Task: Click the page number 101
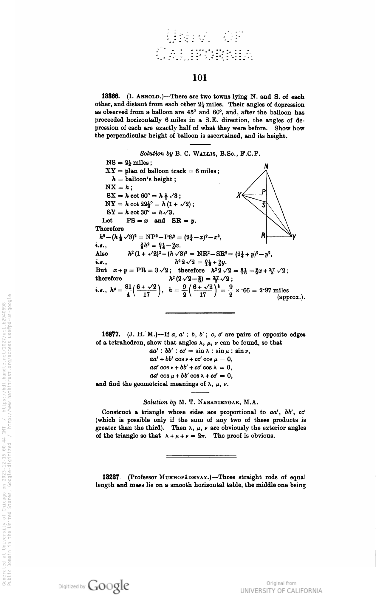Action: pos(199,78)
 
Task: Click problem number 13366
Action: pos(111,97)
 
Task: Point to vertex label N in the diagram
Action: pos(266,166)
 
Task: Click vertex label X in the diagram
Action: pos(239,196)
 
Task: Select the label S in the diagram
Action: pos(263,205)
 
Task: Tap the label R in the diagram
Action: pos(263,235)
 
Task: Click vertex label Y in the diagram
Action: pos(294,237)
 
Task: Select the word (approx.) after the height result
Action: pos(291,298)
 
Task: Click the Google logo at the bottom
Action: pos(109,585)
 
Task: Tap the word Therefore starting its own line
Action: pos(109,229)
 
